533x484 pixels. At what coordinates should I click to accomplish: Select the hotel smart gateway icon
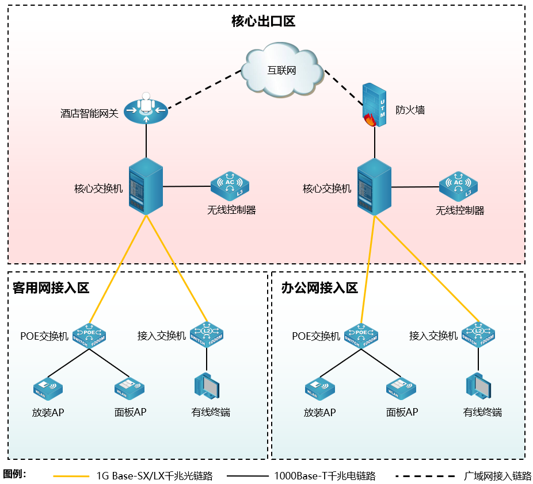[x=146, y=107]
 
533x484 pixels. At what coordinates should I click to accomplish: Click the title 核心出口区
[x=263, y=22]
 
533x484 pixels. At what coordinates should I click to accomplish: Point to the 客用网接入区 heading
[x=51, y=288]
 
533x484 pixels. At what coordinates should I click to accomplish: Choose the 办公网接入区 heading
[x=319, y=288]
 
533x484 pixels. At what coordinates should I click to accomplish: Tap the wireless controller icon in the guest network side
[x=230, y=185]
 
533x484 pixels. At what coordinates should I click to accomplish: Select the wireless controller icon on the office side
[x=458, y=186]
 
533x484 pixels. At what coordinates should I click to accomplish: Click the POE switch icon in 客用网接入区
[x=90, y=335]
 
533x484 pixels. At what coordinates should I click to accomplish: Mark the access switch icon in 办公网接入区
[x=478, y=335]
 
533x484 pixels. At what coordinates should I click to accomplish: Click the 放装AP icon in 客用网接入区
[x=47, y=389]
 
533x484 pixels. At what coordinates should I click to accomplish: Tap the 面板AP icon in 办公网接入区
[x=401, y=389]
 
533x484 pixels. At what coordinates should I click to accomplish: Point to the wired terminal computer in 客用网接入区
[x=207, y=386]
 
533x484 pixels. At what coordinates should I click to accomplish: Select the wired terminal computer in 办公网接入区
[x=478, y=386]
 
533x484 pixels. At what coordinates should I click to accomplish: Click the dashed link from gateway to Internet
[x=199, y=90]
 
